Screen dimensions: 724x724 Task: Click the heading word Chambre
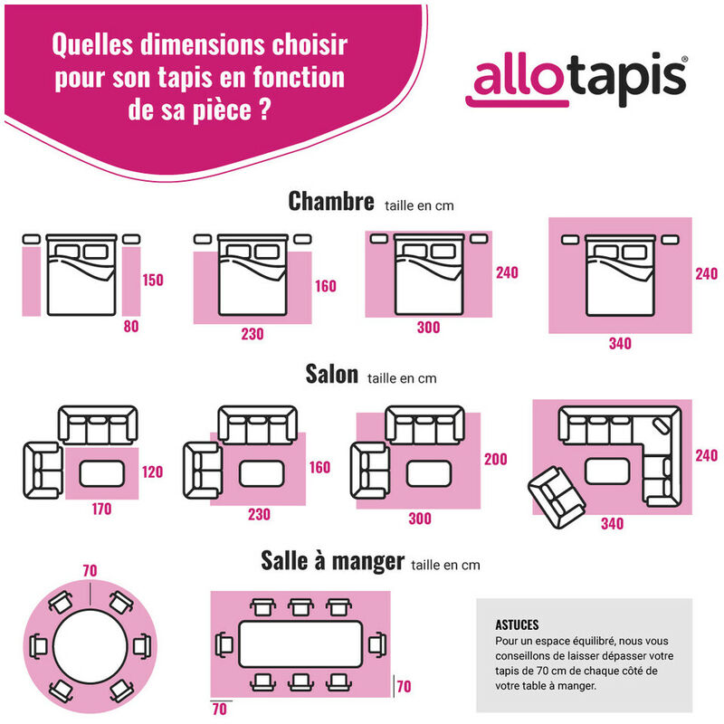click(x=331, y=201)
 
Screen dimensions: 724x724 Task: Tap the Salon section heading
click(x=331, y=374)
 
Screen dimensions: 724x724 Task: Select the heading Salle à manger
click(x=332, y=561)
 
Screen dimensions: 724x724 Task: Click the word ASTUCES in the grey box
click(x=517, y=624)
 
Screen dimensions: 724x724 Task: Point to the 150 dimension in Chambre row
click(x=153, y=280)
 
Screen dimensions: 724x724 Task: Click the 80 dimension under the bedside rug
click(x=131, y=327)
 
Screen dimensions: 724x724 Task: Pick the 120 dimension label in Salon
click(x=152, y=472)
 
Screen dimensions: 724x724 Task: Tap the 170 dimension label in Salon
click(x=101, y=509)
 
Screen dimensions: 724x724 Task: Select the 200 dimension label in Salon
click(x=495, y=459)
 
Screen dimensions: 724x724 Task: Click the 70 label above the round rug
click(x=90, y=571)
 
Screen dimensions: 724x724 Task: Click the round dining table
click(x=90, y=646)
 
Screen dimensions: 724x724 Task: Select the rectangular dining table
click(x=300, y=644)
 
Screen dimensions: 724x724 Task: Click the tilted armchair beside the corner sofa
click(x=557, y=497)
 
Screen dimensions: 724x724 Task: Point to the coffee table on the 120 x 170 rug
click(x=102, y=473)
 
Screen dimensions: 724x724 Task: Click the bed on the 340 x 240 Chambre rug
click(x=620, y=275)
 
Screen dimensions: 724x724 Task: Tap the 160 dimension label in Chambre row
click(x=326, y=286)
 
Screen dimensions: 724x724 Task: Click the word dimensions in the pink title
click(x=203, y=44)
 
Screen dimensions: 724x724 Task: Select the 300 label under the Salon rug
click(x=420, y=519)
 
